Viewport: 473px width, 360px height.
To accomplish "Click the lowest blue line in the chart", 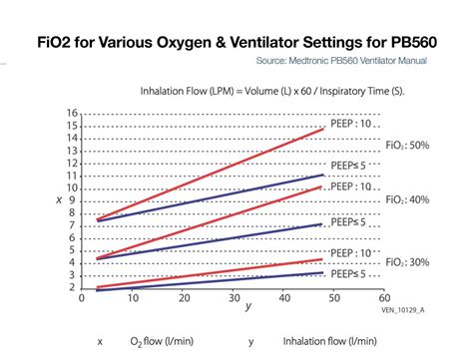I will (210, 281).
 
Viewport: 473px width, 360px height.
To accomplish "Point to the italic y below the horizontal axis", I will (248, 307).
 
